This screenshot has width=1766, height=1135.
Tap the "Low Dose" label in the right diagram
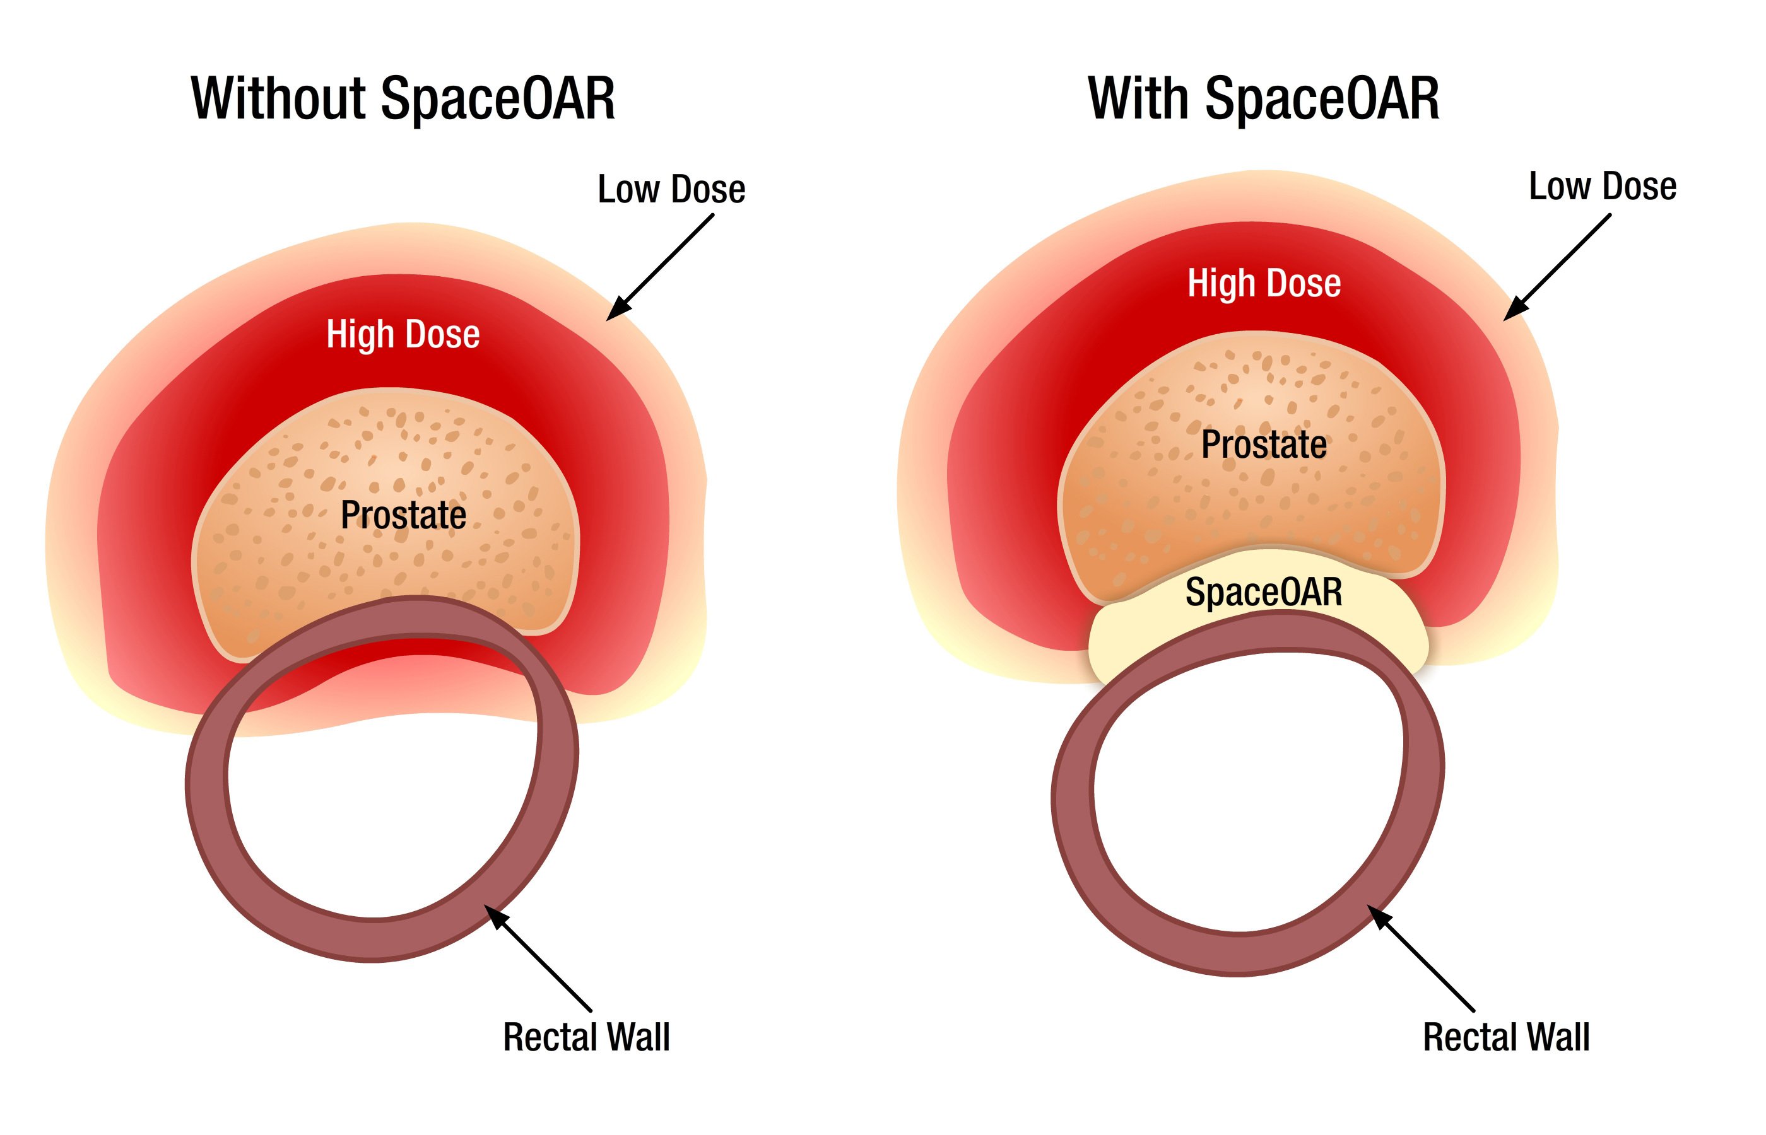pos(1603,187)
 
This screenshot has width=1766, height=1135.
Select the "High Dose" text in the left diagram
pos(403,334)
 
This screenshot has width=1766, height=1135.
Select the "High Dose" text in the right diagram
pos(1264,283)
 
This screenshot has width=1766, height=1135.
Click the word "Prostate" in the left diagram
pos(403,515)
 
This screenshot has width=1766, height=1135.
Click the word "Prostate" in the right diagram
pos(1264,445)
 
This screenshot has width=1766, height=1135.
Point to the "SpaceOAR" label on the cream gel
pos(1263,592)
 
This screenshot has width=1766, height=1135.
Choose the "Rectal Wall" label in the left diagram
pos(586,1037)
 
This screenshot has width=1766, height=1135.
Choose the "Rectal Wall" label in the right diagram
pos(1505,1037)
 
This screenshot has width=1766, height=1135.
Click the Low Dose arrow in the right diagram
pos(1556,267)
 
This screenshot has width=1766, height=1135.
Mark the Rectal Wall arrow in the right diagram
pos(1421,958)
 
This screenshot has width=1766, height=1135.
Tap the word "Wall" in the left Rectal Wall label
pos(639,1037)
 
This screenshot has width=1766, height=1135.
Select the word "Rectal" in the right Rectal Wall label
pos(1468,1037)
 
